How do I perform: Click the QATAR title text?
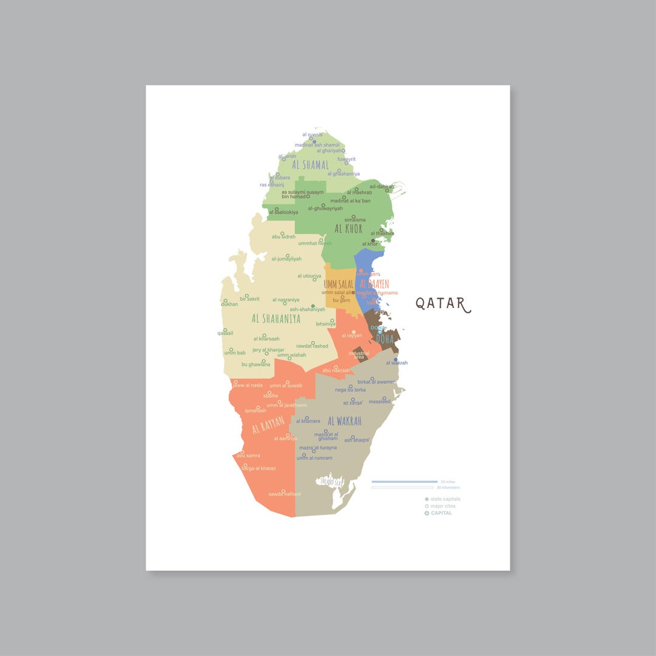[443, 304]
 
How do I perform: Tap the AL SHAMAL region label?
[310, 165]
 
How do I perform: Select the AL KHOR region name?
[348, 229]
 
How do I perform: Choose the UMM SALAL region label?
[338, 284]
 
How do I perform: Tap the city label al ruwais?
[312, 135]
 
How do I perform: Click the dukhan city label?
[230, 304]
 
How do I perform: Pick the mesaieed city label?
[380, 401]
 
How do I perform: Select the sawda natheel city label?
[284, 494]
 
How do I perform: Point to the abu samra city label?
[248, 455]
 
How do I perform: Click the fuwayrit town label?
[346, 159]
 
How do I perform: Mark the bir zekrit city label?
[250, 299]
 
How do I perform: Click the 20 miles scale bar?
[405, 482]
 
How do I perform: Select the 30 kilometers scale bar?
[405, 487]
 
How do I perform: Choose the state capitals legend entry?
[445, 499]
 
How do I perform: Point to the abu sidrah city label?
[283, 236]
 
